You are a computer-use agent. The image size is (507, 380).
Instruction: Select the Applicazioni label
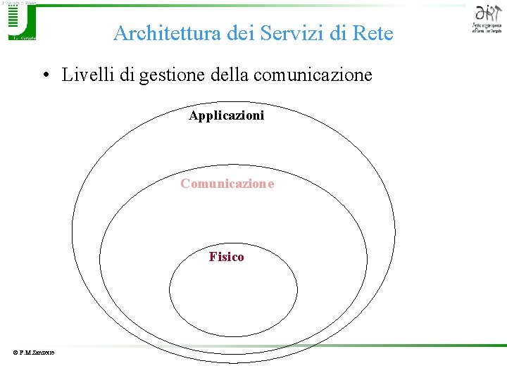(227, 115)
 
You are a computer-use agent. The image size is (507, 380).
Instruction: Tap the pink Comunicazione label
(227, 184)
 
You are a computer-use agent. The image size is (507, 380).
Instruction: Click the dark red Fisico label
(227, 257)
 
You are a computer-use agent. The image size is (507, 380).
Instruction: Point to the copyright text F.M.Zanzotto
(35, 353)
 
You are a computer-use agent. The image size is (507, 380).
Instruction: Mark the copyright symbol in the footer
(13, 353)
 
